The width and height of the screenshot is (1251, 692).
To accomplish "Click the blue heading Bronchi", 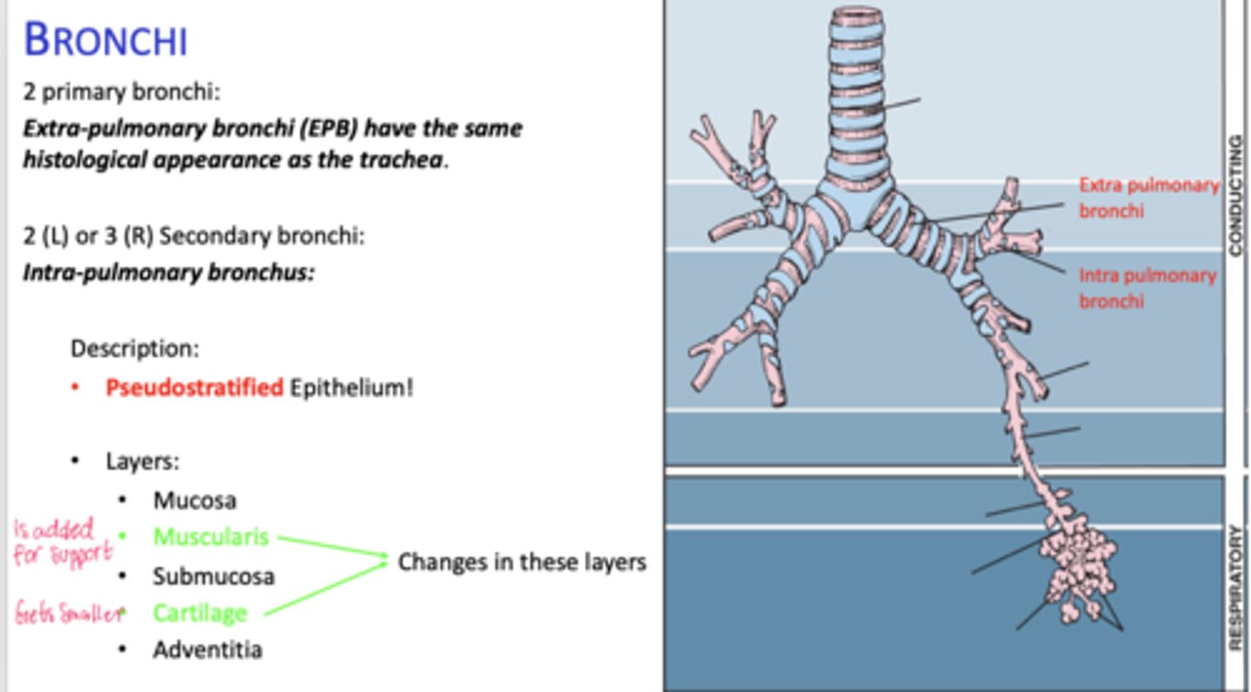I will tap(105, 40).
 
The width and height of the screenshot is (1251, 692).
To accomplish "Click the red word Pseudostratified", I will tap(194, 387).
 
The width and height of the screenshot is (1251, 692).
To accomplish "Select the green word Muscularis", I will tap(211, 537).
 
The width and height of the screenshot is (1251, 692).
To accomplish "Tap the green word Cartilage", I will tap(200, 613).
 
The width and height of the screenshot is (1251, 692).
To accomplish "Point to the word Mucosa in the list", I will tap(195, 500).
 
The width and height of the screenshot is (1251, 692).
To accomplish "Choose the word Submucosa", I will tap(214, 576).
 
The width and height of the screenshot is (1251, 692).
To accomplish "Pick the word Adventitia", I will tap(208, 649).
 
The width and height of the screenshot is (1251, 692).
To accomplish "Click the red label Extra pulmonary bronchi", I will tap(1148, 198).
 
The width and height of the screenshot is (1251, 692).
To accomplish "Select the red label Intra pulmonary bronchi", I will tap(1147, 288).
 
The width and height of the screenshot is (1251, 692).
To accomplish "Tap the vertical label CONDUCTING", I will tap(1236, 194).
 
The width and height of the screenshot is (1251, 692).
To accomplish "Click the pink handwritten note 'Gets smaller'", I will tap(67, 614).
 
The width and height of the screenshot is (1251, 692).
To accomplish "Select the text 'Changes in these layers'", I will tap(521, 563).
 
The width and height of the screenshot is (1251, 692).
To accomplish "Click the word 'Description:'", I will tap(135, 349).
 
